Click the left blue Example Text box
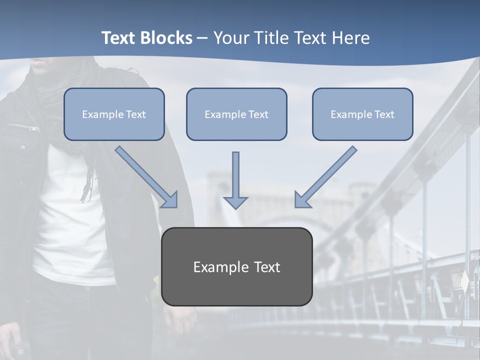(114, 114)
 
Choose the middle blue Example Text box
(236, 114)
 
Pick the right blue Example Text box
(362, 114)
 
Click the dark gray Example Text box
(236, 266)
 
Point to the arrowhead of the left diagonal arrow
(170, 200)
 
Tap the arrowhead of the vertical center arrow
(235, 202)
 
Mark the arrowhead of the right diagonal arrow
(301, 200)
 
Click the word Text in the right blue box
(384, 114)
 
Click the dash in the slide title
(202, 38)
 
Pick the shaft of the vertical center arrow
(235, 172)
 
